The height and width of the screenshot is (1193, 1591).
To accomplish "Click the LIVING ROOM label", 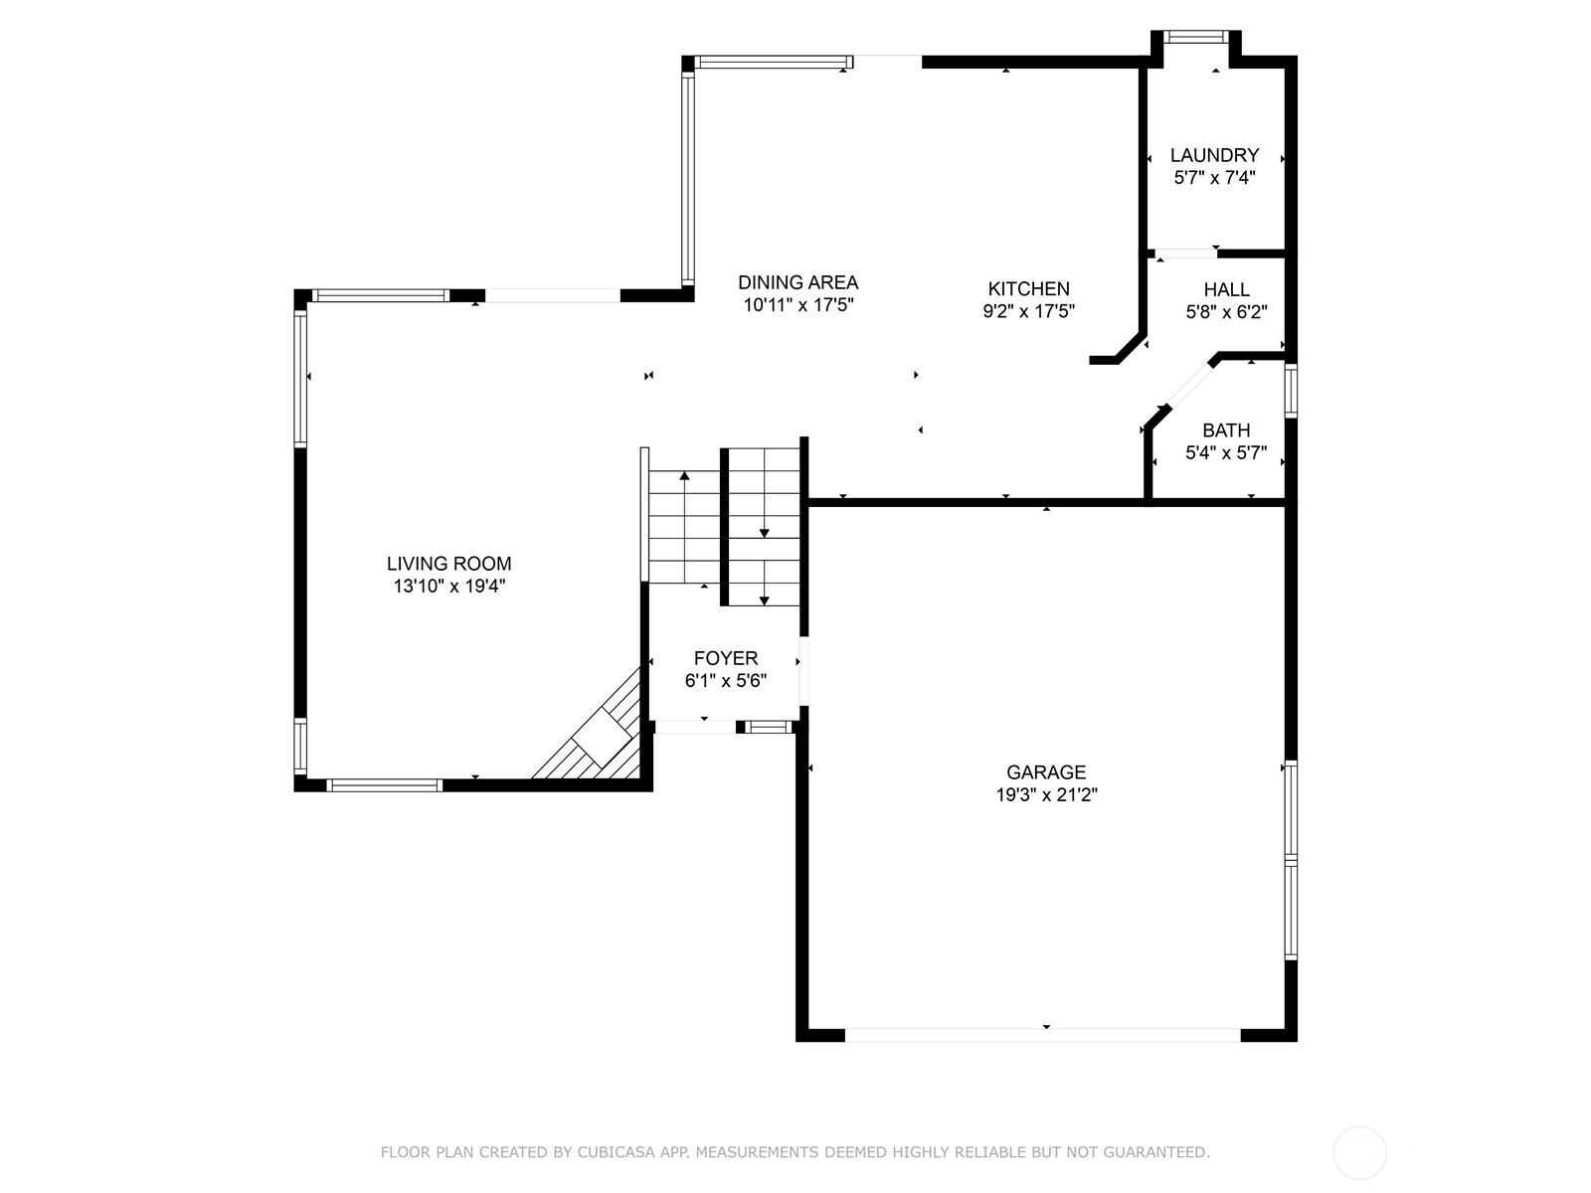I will click(448, 564).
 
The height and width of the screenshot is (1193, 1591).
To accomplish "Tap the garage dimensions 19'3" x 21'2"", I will click(1046, 794).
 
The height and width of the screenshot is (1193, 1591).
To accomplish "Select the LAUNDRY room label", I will click(1214, 155).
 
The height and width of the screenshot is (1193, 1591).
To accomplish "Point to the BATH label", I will click(1226, 430).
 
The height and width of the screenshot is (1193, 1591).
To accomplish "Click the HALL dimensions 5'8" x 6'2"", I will click(1226, 312).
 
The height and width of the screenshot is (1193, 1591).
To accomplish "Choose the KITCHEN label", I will click(1028, 288).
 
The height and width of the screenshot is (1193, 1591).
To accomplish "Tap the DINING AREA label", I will click(797, 282).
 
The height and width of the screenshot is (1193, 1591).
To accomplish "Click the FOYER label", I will click(726, 658).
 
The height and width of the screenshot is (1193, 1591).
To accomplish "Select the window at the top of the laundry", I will click(1195, 37).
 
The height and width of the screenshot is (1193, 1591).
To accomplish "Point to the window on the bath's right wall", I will click(1291, 390).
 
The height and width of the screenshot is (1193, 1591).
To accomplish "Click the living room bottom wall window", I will click(384, 785).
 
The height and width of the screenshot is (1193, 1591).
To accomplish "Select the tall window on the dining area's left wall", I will click(687, 179).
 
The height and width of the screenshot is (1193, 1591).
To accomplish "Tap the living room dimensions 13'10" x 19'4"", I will click(448, 587).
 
